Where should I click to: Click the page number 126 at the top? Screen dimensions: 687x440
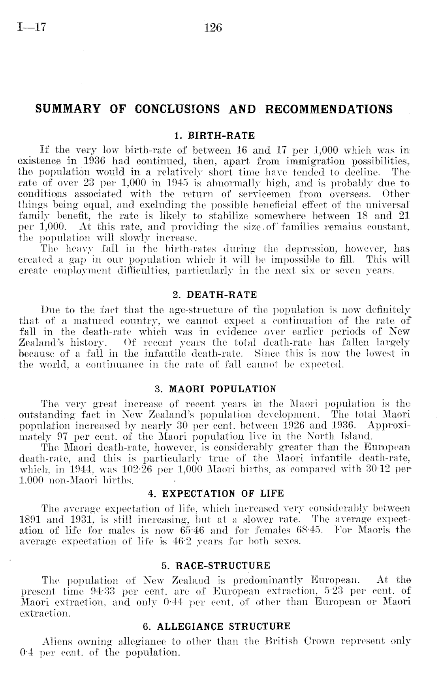click(214, 28)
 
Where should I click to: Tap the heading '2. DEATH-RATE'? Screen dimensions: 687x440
click(215, 295)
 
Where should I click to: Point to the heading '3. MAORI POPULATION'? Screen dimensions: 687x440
click(215, 389)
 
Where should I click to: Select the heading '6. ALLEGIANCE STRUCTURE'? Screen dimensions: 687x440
click(216, 627)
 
